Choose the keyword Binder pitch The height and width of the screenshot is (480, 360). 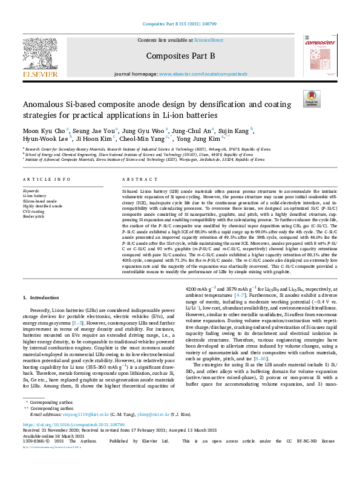coord(34,215)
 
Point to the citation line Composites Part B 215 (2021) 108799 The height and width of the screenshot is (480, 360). coord(180,25)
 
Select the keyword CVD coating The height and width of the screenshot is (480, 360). coord(35,210)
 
